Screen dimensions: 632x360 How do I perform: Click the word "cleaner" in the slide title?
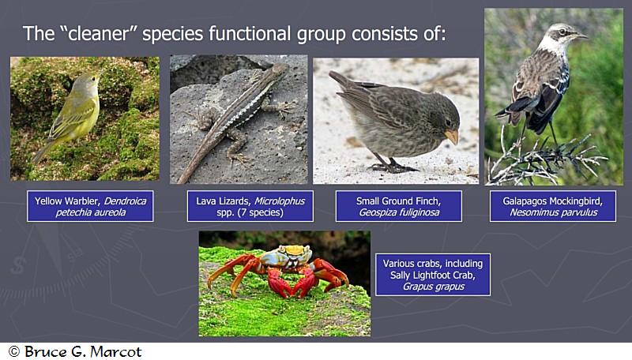pos(101,33)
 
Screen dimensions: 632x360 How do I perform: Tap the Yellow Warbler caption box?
pos(90,206)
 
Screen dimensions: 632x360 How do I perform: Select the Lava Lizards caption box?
pos(250,206)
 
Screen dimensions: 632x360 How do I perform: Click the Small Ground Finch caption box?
pos(399,206)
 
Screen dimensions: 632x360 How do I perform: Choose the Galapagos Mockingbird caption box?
pos(553,206)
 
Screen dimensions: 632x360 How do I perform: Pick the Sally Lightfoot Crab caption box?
pos(433,275)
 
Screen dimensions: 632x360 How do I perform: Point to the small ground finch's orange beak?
pos(452,136)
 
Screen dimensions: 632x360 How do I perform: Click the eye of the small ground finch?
pos(448,122)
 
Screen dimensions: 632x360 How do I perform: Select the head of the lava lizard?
pos(280,69)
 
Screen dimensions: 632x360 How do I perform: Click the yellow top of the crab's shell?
pos(294,250)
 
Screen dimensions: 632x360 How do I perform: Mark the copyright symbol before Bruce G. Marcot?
pos(14,351)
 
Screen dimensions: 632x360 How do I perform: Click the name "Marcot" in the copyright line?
pos(116,351)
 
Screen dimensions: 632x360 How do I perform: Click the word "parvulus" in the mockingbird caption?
pos(577,212)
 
